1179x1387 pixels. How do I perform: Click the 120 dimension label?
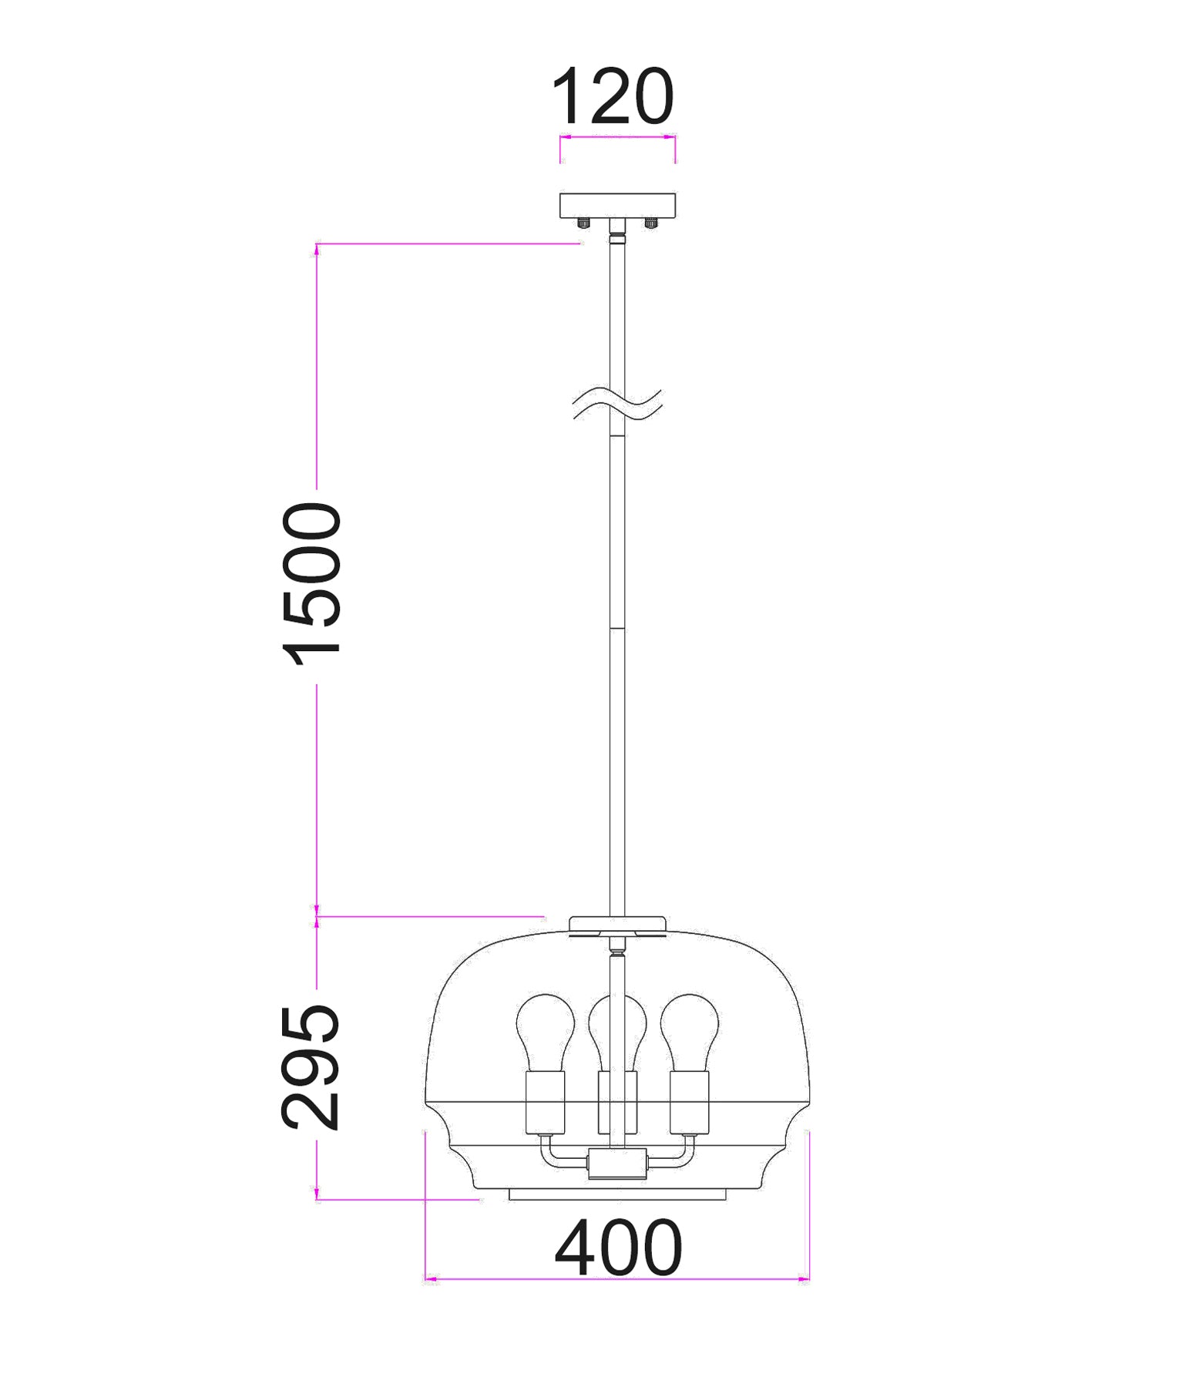[613, 97]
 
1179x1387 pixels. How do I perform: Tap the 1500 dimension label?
[313, 583]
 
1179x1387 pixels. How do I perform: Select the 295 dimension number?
[311, 1067]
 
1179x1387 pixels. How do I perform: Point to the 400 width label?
[618, 1248]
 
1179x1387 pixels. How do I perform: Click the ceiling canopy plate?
[617, 204]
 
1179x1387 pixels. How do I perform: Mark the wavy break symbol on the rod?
[617, 405]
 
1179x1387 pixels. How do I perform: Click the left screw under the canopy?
[583, 223]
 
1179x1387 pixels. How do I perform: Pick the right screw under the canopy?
[651, 223]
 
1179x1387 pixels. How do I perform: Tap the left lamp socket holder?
[546, 1102]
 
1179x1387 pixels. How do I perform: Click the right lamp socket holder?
[690, 1102]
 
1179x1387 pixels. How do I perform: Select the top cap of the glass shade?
[617, 925]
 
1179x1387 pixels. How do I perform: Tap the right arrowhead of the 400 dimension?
[804, 1280]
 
